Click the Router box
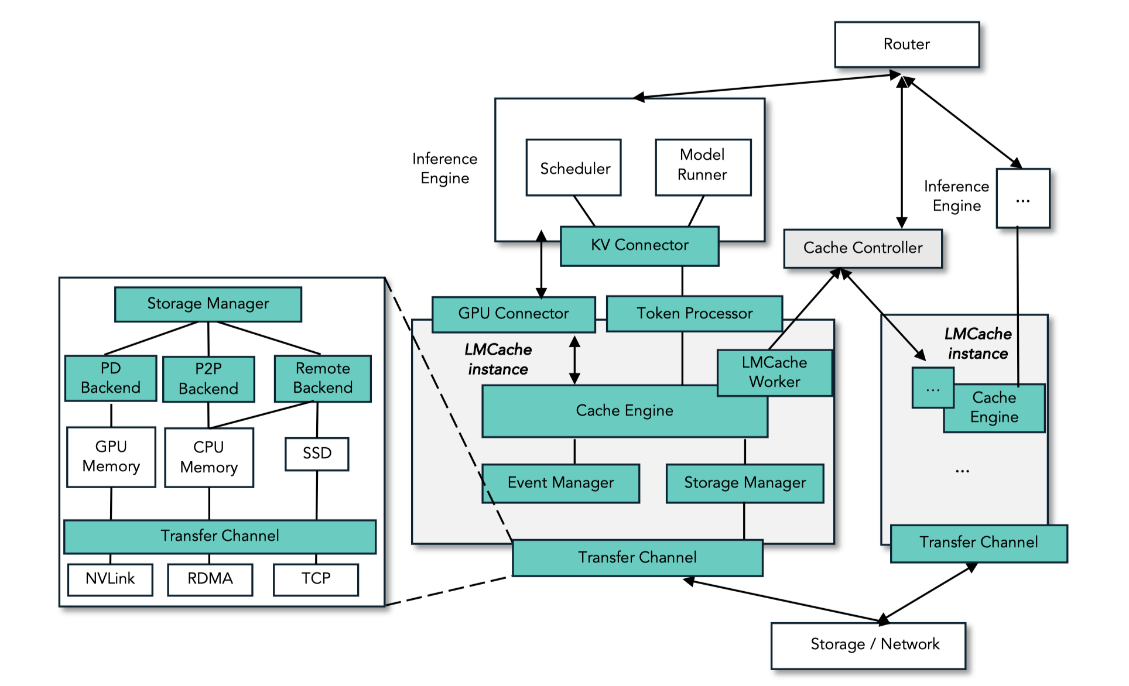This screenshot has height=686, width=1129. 906,44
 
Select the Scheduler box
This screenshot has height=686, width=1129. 574,168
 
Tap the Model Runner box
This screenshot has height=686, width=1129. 703,167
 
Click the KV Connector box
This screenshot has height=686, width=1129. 639,246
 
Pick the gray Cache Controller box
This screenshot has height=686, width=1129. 863,248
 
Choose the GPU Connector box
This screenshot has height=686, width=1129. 514,314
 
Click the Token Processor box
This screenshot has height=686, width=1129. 694,314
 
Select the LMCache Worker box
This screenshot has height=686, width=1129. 774,372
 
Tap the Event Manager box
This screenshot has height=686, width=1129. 560,483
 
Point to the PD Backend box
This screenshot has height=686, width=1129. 111,378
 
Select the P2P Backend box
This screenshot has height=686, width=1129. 208,379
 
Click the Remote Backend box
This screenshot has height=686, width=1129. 323,378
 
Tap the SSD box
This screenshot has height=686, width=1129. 317,454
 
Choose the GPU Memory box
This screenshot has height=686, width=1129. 111,457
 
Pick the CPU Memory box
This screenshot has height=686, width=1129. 209,457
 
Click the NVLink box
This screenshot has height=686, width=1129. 110,579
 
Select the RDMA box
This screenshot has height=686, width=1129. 210,579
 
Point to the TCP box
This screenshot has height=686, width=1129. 316,579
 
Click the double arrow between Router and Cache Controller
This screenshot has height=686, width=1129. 902,152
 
